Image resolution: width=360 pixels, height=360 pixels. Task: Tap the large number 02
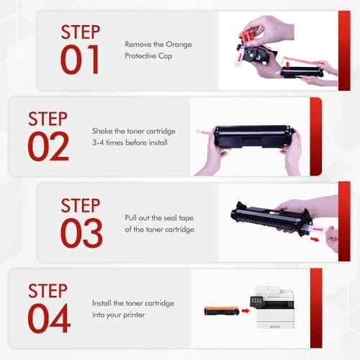[48, 146]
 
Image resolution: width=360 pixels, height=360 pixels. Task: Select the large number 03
[81, 232]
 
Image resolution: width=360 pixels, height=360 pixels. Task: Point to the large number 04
[48, 318]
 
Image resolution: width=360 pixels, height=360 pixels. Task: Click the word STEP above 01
[81, 32]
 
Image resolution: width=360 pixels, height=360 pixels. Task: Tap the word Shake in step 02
[102, 130]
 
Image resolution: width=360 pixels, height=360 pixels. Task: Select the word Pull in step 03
[132, 217]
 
